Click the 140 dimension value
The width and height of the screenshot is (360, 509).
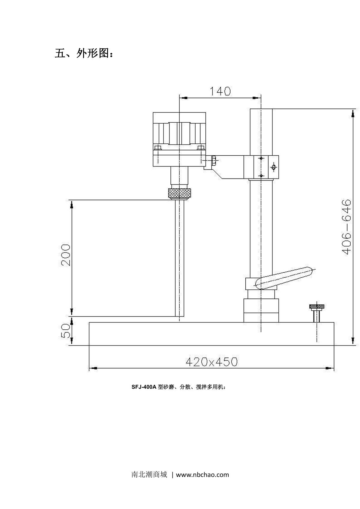[x=220, y=91]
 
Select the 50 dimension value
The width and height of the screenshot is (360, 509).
[x=66, y=331]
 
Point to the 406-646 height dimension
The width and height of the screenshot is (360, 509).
[x=346, y=227]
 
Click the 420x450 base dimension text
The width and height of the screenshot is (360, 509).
[x=211, y=362]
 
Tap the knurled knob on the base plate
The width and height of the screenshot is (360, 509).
[x=316, y=307]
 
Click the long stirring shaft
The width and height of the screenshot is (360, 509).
[x=179, y=258]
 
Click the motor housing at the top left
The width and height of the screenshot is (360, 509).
[x=179, y=129]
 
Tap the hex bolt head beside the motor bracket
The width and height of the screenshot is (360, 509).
[x=214, y=160]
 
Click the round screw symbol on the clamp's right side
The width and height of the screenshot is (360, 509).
[x=274, y=167]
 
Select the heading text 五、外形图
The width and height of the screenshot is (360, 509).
[x=84, y=53]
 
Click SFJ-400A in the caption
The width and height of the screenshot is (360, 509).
[x=144, y=387]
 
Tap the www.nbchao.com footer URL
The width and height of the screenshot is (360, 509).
[x=202, y=475]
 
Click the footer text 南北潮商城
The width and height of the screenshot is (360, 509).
[x=149, y=475]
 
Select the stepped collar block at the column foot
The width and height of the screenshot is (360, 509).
[x=261, y=310]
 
